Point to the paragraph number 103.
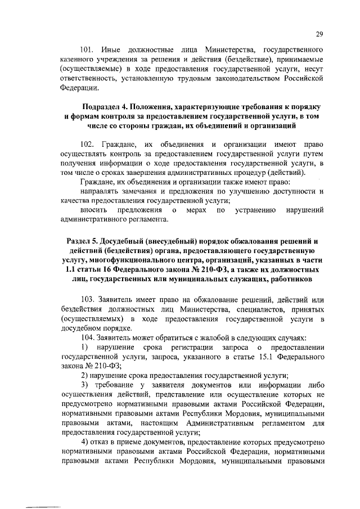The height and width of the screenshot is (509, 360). click(x=88, y=299)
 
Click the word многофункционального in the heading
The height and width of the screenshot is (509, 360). click(x=127, y=260)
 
